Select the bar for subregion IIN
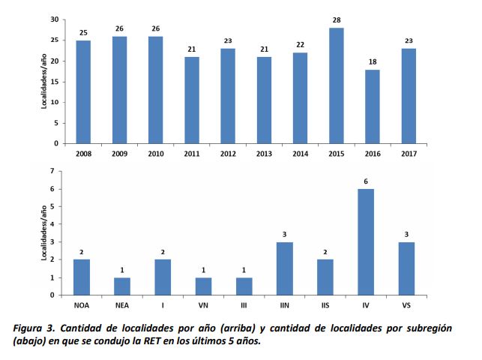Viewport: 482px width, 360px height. click(285, 268)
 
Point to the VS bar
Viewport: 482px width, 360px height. click(406, 268)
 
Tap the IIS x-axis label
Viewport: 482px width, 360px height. click(325, 306)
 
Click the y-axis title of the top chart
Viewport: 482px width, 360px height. click(44, 81)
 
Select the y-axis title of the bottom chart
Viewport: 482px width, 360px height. click(44, 233)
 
